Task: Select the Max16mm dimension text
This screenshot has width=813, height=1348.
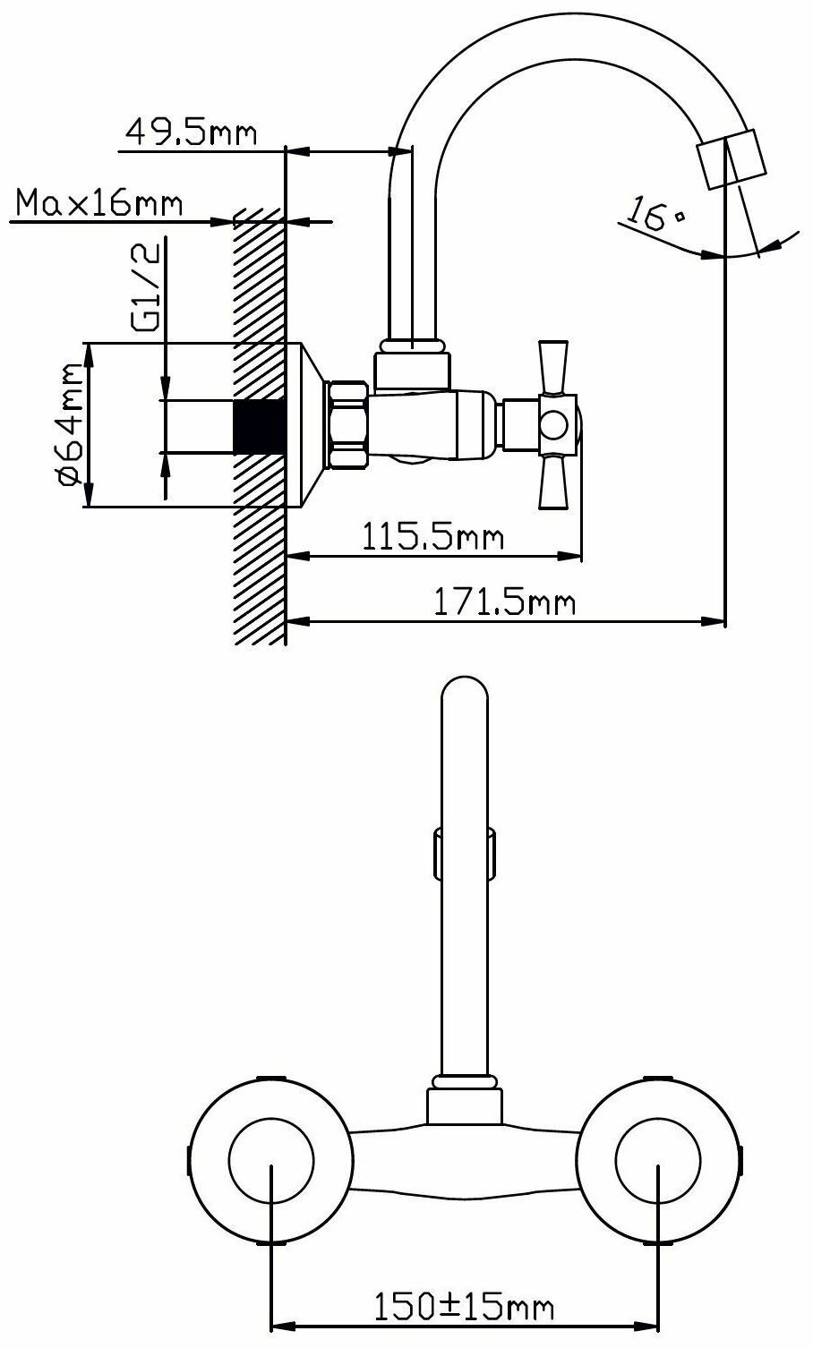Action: [99, 203]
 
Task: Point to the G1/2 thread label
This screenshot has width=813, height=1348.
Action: [146, 286]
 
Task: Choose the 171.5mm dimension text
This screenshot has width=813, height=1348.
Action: [504, 601]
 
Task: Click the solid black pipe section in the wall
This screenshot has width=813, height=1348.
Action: [259, 427]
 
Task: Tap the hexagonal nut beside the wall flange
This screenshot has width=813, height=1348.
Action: [346, 425]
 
